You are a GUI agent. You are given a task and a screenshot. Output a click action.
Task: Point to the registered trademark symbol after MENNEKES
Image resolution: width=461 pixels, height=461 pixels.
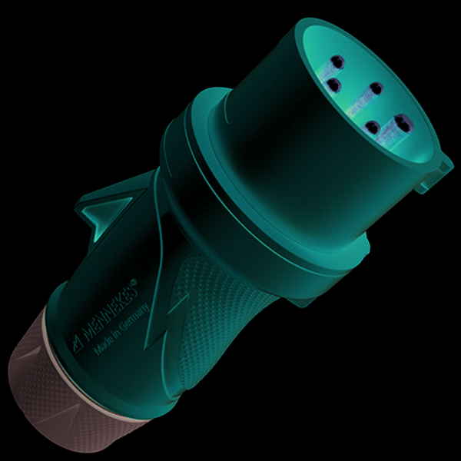tap(134, 281)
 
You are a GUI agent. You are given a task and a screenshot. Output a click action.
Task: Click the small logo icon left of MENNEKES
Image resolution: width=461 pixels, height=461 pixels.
tap(76, 344)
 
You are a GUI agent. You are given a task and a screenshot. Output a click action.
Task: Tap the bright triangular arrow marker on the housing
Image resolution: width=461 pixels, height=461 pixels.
tap(106, 214)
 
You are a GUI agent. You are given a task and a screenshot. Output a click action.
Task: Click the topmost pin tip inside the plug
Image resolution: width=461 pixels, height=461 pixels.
tap(337, 62)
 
